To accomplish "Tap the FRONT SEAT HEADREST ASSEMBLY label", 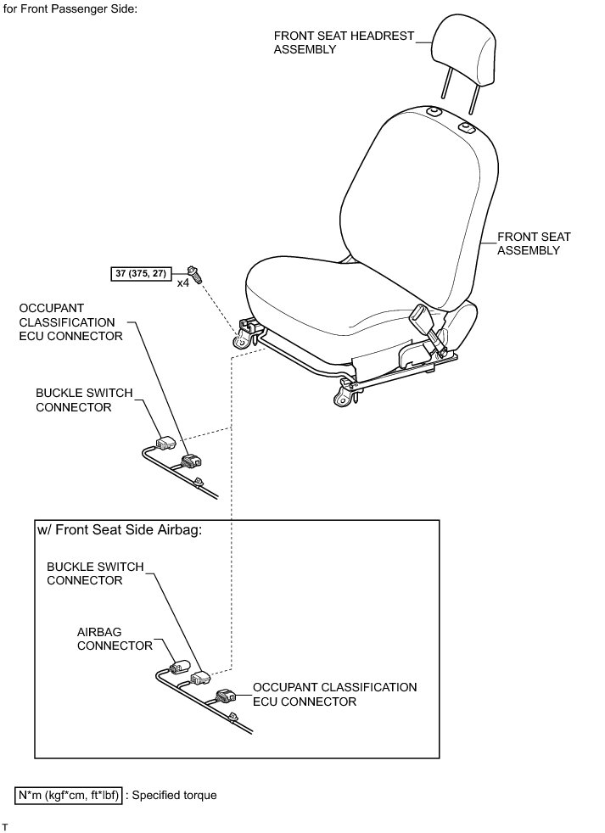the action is point(344,42).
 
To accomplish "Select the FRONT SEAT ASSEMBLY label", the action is point(534,243).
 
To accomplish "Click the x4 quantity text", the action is point(182,282).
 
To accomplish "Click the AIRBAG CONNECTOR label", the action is point(115,639).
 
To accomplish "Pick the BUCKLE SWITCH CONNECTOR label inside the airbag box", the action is point(95,573).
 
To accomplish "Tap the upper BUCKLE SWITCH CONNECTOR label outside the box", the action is point(85,400).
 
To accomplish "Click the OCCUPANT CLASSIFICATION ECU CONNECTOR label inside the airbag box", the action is point(335,694).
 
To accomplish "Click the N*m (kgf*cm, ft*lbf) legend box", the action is point(70,796).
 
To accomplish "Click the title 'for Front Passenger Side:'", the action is point(70,8).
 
